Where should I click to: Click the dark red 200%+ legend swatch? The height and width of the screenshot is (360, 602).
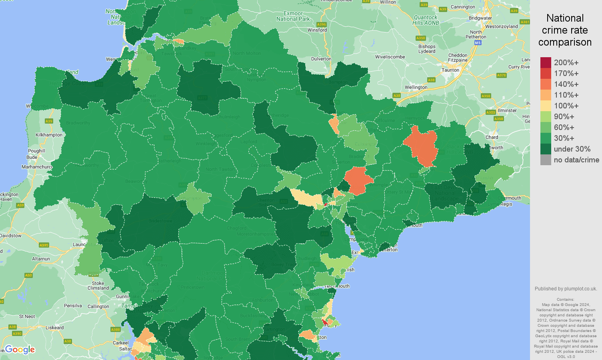(546, 62)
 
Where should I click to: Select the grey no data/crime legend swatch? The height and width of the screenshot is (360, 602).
(546, 160)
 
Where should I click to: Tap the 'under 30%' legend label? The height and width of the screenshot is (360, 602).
(572, 149)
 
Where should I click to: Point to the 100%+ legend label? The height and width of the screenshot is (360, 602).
(566, 106)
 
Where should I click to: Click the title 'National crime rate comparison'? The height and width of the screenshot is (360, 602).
(565, 30)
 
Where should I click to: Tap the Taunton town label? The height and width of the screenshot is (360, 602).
(450, 70)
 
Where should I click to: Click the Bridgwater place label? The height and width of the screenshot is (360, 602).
(480, 18)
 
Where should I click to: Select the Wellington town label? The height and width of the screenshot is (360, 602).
(416, 87)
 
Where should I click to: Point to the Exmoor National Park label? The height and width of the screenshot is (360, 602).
(293, 16)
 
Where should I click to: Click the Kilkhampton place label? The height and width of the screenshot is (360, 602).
(49, 135)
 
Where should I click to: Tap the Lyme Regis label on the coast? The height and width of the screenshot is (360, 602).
(500, 204)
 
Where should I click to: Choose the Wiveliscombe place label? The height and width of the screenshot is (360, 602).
(390, 57)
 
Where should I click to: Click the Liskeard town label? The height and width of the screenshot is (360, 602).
(54, 328)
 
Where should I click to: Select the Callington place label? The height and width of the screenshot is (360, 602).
(98, 306)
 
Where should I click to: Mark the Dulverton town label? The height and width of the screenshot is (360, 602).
(321, 59)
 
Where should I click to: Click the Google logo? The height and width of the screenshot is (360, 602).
(20, 350)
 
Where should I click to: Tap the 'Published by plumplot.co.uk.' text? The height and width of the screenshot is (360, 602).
(566, 289)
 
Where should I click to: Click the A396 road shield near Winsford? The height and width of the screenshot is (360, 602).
(322, 24)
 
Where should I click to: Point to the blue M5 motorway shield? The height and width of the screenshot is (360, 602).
(478, 43)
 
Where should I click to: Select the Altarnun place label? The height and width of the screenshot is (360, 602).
(41, 259)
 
